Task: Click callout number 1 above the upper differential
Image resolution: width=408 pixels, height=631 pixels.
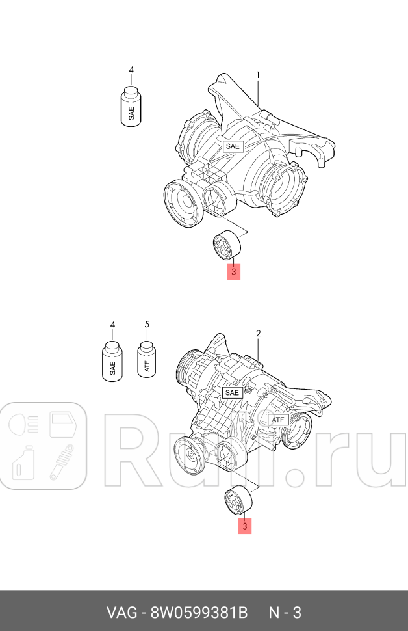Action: click(258, 75)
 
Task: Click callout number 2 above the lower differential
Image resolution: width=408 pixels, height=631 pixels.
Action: click(258, 334)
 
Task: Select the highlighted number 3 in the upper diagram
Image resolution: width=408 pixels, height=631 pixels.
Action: click(233, 271)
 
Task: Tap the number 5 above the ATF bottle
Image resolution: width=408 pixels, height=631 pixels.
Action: click(147, 324)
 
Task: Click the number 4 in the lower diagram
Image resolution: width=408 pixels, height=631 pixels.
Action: click(112, 324)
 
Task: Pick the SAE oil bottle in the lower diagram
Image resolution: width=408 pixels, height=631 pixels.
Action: click(112, 361)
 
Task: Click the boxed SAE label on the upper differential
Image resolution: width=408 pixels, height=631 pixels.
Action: click(233, 146)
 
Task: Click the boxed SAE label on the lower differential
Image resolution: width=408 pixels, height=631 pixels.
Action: click(232, 392)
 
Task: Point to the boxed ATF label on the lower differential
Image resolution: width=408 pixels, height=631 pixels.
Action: click(278, 420)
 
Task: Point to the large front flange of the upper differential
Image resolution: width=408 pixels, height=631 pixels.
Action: click(181, 204)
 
